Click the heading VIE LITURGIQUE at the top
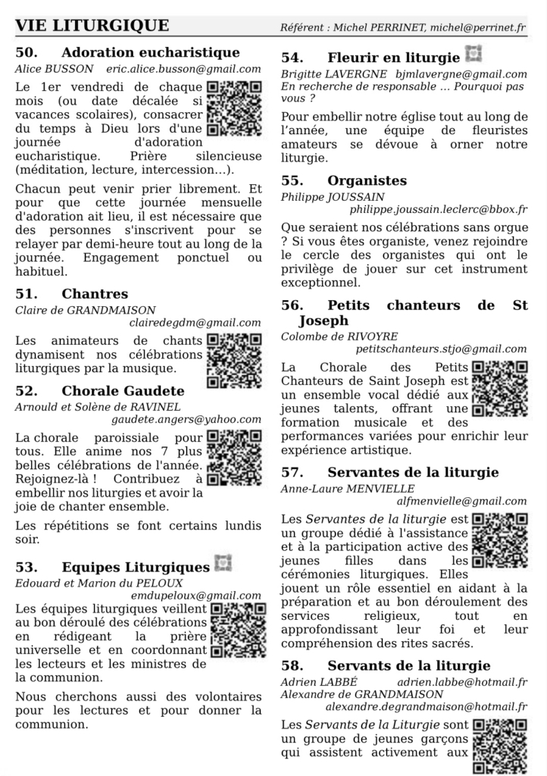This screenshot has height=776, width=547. [92, 26]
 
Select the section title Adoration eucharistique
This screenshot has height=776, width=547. [150, 53]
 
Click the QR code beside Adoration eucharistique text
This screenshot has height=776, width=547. [234, 108]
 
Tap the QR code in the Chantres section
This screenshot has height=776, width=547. [234, 361]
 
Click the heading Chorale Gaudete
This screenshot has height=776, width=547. [123, 391]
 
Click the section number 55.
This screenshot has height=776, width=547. [292, 181]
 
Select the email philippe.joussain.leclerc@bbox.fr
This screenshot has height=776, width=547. [439, 209]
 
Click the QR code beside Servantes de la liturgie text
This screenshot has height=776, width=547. [499, 541]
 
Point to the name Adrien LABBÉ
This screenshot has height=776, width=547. [311, 681]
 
